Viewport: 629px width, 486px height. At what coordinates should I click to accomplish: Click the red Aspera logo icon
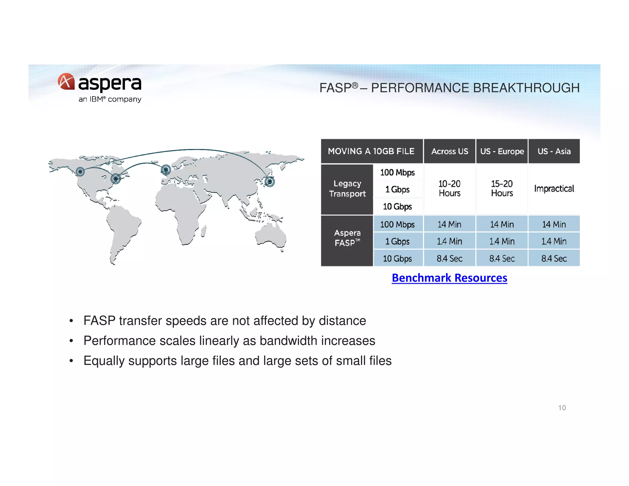point(66,81)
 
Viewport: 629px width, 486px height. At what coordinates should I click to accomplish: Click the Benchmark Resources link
point(449,278)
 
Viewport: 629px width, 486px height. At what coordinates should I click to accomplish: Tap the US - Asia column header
point(554,151)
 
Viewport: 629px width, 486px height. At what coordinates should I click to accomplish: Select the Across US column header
point(449,151)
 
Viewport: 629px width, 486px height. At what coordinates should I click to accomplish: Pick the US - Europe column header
point(502,151)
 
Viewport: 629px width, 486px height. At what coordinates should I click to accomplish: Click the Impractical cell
point(554,189)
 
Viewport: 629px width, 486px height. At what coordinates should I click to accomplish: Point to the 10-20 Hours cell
point(449,188)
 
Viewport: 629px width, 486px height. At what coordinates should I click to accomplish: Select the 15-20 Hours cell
point(502,188)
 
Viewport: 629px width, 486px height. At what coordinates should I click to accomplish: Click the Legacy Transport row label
point(347,189)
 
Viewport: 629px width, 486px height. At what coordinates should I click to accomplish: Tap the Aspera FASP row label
point(347,238)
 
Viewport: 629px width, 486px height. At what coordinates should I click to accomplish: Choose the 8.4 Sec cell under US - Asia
point(554,258)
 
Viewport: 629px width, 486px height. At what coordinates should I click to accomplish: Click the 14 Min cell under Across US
point(449,224)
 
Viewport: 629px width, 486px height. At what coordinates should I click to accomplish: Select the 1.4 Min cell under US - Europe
point(502,241)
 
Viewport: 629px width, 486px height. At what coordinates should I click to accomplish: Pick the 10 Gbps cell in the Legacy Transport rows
point(397,206)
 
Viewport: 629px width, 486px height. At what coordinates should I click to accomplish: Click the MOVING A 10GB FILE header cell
point(371,151)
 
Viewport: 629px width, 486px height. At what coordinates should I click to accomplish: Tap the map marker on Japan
point(270,182)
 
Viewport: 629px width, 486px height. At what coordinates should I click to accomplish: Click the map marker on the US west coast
point(80,171)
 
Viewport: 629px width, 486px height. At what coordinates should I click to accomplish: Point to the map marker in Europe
point(166,170)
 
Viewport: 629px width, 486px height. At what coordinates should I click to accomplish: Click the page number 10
point(562,408)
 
